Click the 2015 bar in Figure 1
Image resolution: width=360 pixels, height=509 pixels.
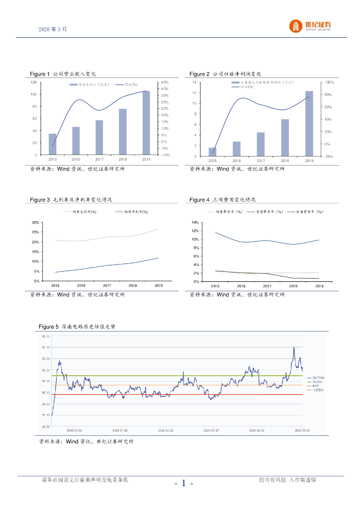[x=52, y=144]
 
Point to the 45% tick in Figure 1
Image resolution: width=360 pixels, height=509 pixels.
[x=164, y=82]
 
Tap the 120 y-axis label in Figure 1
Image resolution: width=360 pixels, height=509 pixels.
[x=33, y=82]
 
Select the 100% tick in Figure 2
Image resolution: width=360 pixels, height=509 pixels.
[x=329, y=82]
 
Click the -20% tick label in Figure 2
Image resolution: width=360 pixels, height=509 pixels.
[x=329, y=157]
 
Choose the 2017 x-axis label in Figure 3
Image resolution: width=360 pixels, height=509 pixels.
[x=107, y=286]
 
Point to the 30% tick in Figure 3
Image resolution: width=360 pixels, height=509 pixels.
[x=35, y=222]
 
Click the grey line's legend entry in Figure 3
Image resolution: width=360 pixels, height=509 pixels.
[x=80, y=212]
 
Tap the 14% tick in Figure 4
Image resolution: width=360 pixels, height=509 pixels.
[x=195, y=222]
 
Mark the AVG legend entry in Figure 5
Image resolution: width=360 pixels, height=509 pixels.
[x=314, y=386]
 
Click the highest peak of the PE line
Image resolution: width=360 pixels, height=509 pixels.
[x=294, y=347]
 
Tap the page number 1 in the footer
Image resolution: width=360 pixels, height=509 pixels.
[x=183, y=483]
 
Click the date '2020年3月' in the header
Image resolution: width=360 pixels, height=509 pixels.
[x=52, y=29]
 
